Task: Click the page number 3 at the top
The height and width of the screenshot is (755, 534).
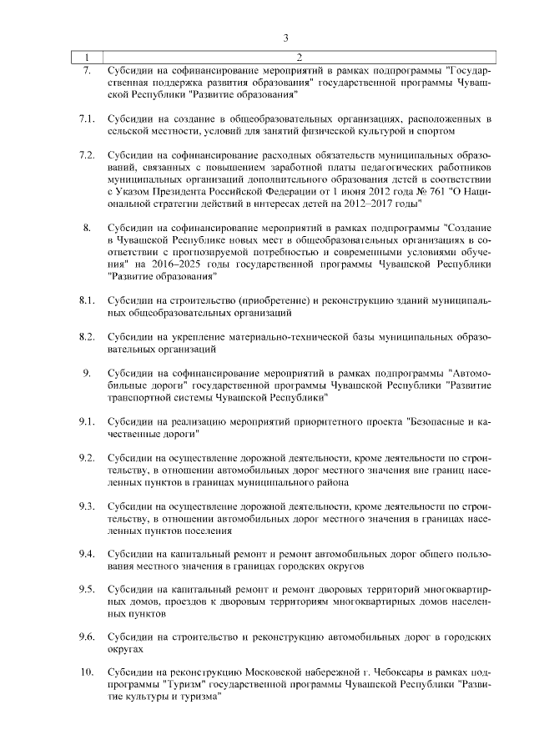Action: pos(285,38)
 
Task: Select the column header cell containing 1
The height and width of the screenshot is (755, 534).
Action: pos(86,57)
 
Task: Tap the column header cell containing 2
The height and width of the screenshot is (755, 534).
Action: pos(299,57)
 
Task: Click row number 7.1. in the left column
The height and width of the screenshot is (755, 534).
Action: pos(86,119)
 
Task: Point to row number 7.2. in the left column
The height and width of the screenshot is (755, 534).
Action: pos(86,156)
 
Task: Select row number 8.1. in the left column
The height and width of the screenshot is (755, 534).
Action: pos(86,299)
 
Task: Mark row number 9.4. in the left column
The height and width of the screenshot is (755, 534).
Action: pos(86,555)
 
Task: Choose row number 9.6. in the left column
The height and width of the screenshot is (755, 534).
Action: pos(86,637)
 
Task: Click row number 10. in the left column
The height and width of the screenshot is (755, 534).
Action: pos(86,672)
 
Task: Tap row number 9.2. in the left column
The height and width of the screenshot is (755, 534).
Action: pos(86,460)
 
